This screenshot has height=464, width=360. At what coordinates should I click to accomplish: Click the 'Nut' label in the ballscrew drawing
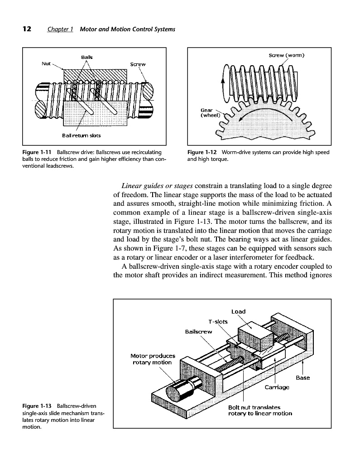tap(46, 64)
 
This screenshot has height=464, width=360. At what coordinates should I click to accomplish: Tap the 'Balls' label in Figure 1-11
tap(86, 57)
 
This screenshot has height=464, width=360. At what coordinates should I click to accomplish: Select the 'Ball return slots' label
tap(81, 135)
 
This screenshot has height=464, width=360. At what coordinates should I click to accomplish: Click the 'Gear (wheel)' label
tap(210, 112)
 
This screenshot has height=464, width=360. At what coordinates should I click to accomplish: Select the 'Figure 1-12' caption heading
tap(202, 152)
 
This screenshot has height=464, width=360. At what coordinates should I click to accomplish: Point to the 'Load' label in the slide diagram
tap(238, 311)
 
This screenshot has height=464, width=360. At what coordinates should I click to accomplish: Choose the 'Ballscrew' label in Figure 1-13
tap(199, 332)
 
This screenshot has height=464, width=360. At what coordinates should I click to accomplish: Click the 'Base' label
tap(302, 378)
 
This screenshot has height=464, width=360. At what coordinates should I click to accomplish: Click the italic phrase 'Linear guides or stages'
tap(158, 187)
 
